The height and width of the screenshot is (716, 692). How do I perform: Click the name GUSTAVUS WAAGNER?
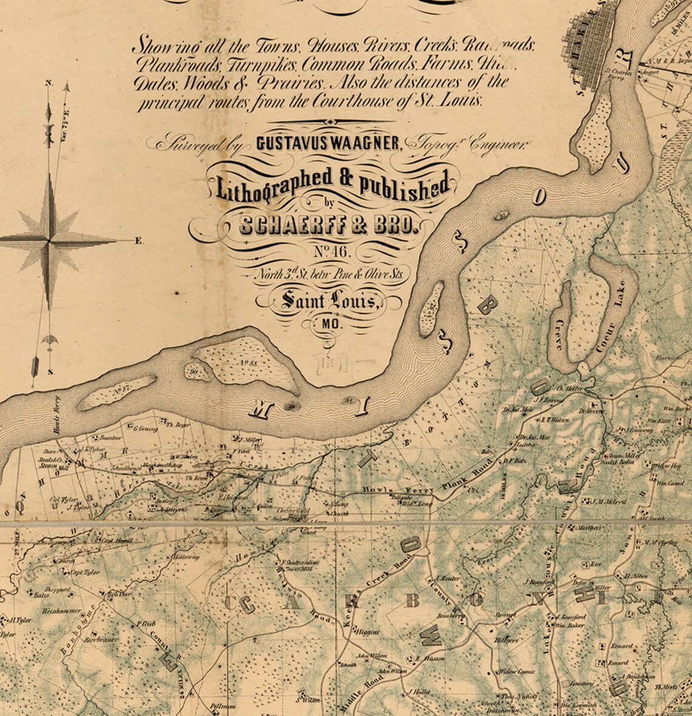tap(328, 143)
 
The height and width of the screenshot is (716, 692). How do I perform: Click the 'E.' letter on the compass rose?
tap(139, 241)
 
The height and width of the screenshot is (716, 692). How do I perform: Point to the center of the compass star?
tap(49, 241)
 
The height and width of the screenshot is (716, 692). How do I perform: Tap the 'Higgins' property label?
tap(367, 632)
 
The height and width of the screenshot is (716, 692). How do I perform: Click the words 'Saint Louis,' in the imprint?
tap(328, 300)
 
